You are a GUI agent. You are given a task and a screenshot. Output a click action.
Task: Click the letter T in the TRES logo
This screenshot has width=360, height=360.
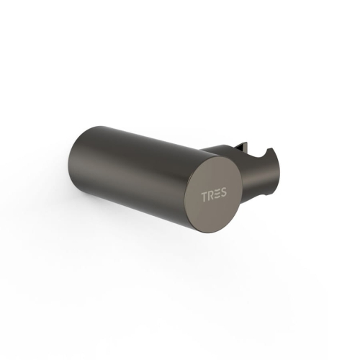click(x=204, y=197)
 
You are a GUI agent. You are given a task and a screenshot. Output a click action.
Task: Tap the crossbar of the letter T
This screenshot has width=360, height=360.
click(x=204, y=193)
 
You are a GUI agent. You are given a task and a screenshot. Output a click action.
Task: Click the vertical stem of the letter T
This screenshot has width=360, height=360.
click(x=204, y=197)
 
